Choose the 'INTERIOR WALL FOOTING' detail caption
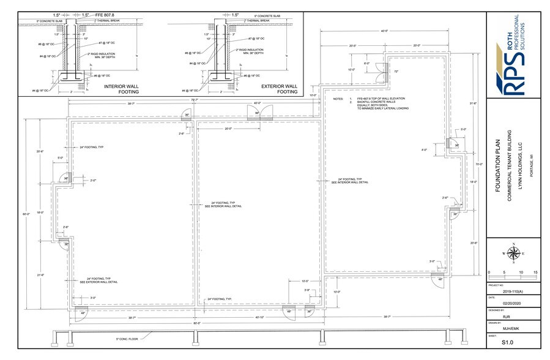[x=121, y=89]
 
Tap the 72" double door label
[x=396, y=72]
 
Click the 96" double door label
[x=258, y=113]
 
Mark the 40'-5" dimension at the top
[x=384, y=31]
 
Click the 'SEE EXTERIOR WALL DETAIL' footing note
[x=98, y=282]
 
